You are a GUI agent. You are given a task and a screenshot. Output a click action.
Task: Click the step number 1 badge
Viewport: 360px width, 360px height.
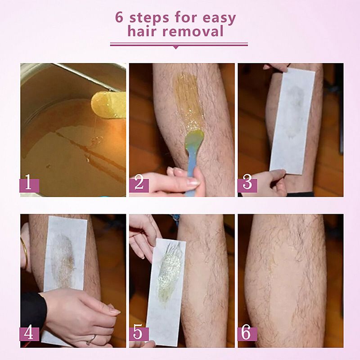[x=29, y=185]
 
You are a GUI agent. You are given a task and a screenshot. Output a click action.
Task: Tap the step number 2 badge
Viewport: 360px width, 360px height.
[x=139, y=185]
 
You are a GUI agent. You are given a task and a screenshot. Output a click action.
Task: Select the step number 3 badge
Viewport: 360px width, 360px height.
[x=247, y=185]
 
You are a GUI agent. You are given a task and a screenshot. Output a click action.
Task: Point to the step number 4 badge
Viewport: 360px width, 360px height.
[x=29, y=334]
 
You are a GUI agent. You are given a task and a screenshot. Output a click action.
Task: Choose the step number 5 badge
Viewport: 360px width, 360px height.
[x=139, y=334]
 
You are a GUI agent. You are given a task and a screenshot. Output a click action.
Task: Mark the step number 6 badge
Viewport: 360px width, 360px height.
[x=247, y=334]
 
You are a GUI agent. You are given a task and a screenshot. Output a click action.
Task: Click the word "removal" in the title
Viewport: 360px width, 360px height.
[x=193, y=31]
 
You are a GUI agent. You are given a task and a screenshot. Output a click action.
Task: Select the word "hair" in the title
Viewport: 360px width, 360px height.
[x=142, y=31]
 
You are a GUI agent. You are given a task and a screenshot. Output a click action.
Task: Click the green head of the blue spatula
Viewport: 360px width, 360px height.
[x=194, y=139]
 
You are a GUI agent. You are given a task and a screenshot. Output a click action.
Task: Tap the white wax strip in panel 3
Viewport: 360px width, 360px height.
[x=292, y=121]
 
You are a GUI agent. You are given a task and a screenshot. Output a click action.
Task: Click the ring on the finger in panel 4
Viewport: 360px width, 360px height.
[x=91, y=339]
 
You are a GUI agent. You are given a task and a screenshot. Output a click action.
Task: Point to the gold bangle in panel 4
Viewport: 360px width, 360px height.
[x=25, y=252]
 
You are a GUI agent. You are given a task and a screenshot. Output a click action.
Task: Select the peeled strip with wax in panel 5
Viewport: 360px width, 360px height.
[x=166, y=292]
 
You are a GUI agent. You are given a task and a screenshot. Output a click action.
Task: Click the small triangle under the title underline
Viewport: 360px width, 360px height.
[x=175, y=47]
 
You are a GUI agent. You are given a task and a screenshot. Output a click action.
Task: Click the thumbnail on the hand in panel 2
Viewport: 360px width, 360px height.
[x=193, y=183]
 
